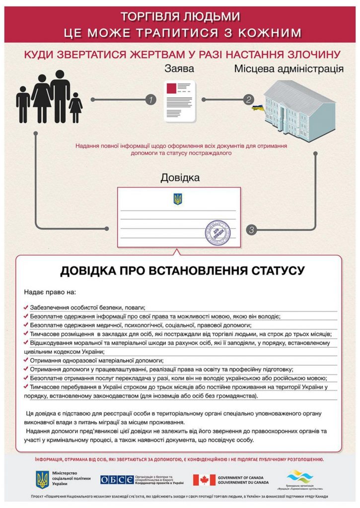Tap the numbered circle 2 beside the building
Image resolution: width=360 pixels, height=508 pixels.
tap(248, 100)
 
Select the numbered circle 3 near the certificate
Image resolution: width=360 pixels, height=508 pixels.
tap(252, 230)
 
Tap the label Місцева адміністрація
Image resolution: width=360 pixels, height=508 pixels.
tap(288, 68)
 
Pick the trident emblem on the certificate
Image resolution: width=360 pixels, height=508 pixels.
tap(178, 199)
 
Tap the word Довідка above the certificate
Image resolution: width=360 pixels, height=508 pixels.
tap(180, 177)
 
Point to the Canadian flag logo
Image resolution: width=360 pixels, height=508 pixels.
tap(204, 480)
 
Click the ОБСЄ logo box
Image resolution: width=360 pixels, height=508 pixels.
tap(117, 480)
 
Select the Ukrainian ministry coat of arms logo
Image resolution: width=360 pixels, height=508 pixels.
tap(42, 480)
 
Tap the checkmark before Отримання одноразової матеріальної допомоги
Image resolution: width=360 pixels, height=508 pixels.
tap(25, 360)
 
